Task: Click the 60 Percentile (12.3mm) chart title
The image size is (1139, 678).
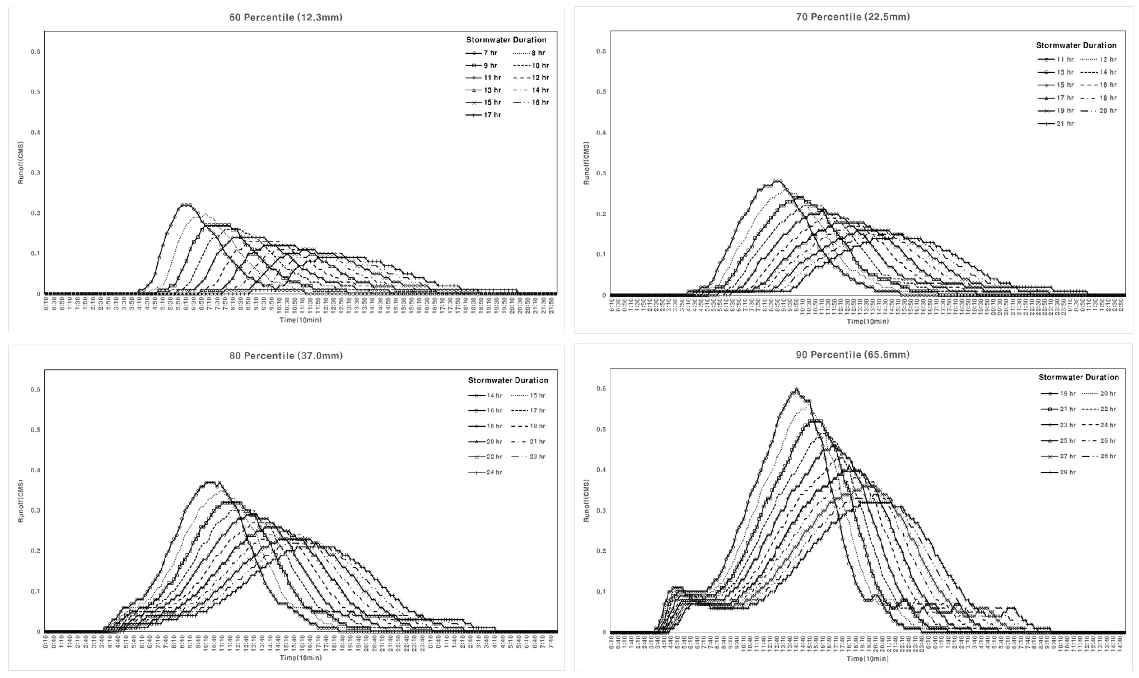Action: click(286, 17)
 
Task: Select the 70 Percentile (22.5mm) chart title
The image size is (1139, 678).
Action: click(852, 17)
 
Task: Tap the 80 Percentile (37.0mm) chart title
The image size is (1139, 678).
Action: click(286, 356)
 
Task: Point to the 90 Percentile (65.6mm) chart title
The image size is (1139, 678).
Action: click(852, 355)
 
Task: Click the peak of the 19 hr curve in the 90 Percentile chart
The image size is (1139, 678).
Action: click(796, 389)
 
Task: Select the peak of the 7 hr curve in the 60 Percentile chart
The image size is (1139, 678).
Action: click(186, 205)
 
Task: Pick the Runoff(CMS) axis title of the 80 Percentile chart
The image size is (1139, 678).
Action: click(21, 501)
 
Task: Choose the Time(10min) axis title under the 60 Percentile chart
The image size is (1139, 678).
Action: click(301, 320)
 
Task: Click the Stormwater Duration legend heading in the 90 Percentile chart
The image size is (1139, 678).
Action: click(1079, 378)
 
